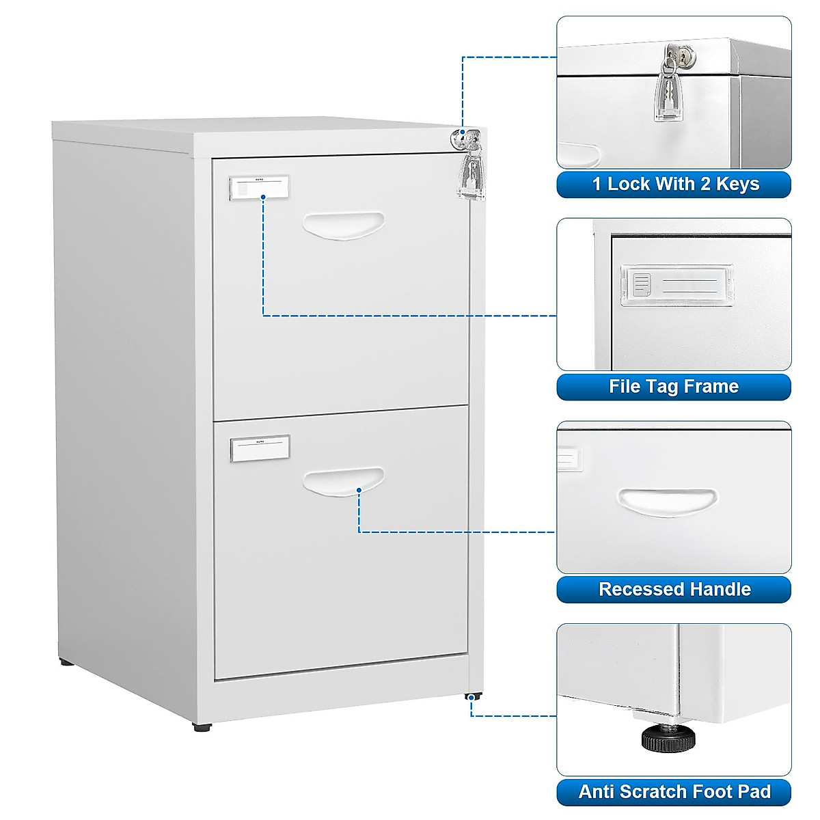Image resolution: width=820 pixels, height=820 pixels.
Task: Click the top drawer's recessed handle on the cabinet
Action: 343,225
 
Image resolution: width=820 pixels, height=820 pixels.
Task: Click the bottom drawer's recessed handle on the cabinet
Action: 343,480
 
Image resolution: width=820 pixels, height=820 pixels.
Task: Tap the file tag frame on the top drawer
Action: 259,187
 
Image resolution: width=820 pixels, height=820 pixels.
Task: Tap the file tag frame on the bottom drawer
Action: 260,447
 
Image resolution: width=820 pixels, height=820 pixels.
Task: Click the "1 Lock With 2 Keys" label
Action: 674,184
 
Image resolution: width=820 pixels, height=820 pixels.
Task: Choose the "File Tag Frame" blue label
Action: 674,387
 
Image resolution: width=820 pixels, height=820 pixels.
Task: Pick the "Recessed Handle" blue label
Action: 674,589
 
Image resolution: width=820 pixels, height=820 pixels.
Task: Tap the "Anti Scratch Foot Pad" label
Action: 674,792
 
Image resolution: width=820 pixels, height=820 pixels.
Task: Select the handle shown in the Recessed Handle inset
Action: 667,502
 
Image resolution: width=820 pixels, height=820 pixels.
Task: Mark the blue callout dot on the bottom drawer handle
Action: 359,489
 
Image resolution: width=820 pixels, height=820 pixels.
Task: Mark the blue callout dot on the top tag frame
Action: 264,197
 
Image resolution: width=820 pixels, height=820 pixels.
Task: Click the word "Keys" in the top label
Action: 738,184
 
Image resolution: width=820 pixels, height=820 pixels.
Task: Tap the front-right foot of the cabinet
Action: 471,696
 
